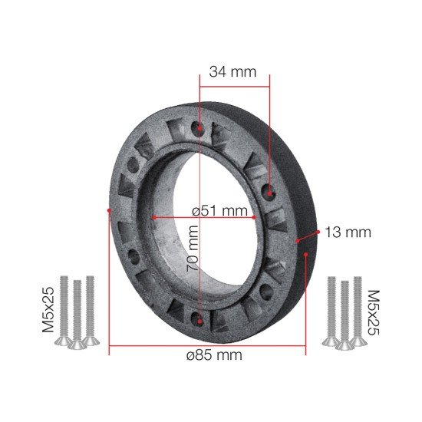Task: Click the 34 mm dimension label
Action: coord(232,72)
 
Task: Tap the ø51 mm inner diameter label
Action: coord(219,210)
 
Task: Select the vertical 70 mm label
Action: coord(193,249)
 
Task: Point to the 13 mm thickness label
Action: coord(348,232)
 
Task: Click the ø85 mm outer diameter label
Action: coord(214,355)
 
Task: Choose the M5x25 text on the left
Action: coord(48,310)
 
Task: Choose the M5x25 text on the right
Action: coord(374,312)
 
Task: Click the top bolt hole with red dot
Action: coord(199,128)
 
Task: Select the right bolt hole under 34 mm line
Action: coord(269,193)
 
